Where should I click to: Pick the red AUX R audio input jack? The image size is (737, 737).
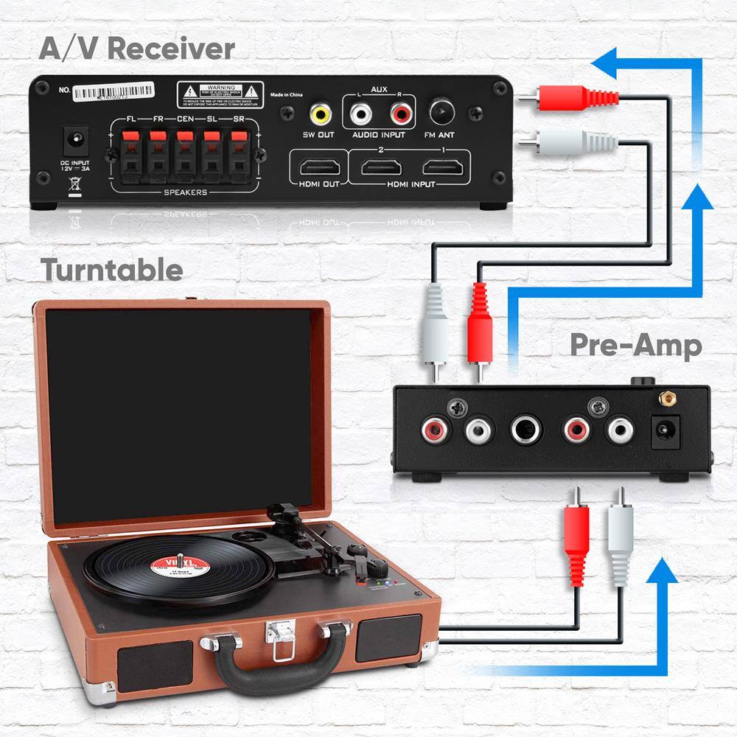click(x=400, y=113)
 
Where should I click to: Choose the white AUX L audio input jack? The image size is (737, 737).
click(x=360, y=113)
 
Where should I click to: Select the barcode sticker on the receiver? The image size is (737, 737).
click(x=116, y=91)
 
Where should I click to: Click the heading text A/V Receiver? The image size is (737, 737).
click(x=137, y=49)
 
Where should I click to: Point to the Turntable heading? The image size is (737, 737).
click(x=111, y=270)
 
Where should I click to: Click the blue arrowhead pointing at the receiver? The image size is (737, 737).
click(x=609, y=63)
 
